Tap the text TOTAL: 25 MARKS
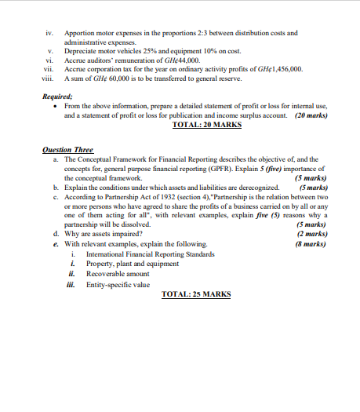pos(195,294)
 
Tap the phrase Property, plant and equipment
pos(126,262)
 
